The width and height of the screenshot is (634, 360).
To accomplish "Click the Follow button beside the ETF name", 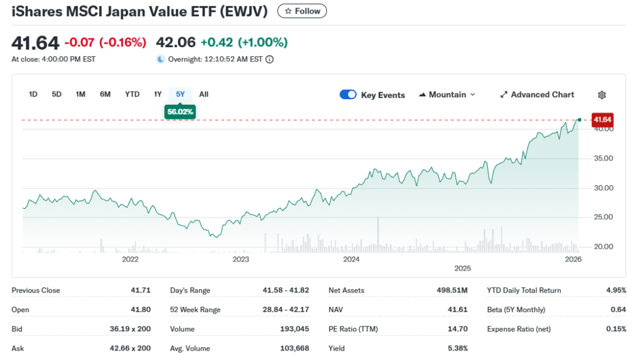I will (302, 11).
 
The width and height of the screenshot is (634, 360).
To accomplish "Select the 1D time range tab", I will (33, 94).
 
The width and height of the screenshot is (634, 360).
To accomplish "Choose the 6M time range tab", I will (105, 94).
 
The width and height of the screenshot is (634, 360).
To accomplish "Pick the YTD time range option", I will (132, 94).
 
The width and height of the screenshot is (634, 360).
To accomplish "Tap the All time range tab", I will (204, 94).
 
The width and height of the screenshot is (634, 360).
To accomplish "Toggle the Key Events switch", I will (348, 95).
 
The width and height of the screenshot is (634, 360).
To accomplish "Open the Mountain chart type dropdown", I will (447, 95).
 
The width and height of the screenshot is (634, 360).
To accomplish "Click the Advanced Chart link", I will (537, 95).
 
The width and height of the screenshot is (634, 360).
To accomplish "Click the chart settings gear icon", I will (602, 95).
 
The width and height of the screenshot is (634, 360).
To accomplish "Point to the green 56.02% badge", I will (180, 112).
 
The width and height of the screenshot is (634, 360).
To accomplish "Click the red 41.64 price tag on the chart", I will (602, 119).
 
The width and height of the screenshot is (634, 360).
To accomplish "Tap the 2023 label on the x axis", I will (240, 259).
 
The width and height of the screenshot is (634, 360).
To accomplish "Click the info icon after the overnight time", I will (269, 59).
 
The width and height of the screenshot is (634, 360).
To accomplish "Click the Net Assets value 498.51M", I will (453, 290).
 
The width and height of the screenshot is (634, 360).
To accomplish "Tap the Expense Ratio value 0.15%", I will (616, 329).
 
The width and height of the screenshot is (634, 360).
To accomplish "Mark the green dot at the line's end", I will (580, 120).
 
